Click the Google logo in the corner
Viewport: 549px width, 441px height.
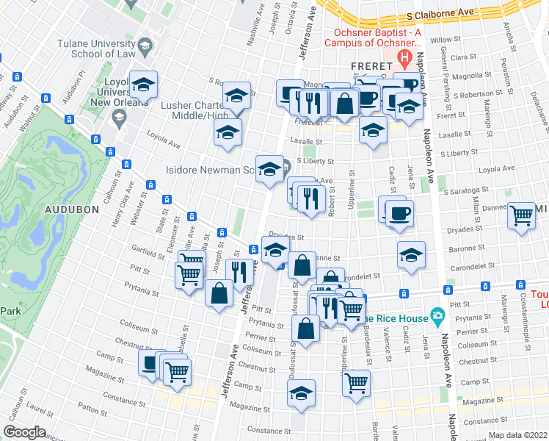pos(24,432)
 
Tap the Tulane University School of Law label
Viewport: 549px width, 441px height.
pos(94,48)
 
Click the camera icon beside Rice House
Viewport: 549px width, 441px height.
pos(438,316)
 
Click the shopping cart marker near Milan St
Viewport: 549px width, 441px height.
pos(521,215)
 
